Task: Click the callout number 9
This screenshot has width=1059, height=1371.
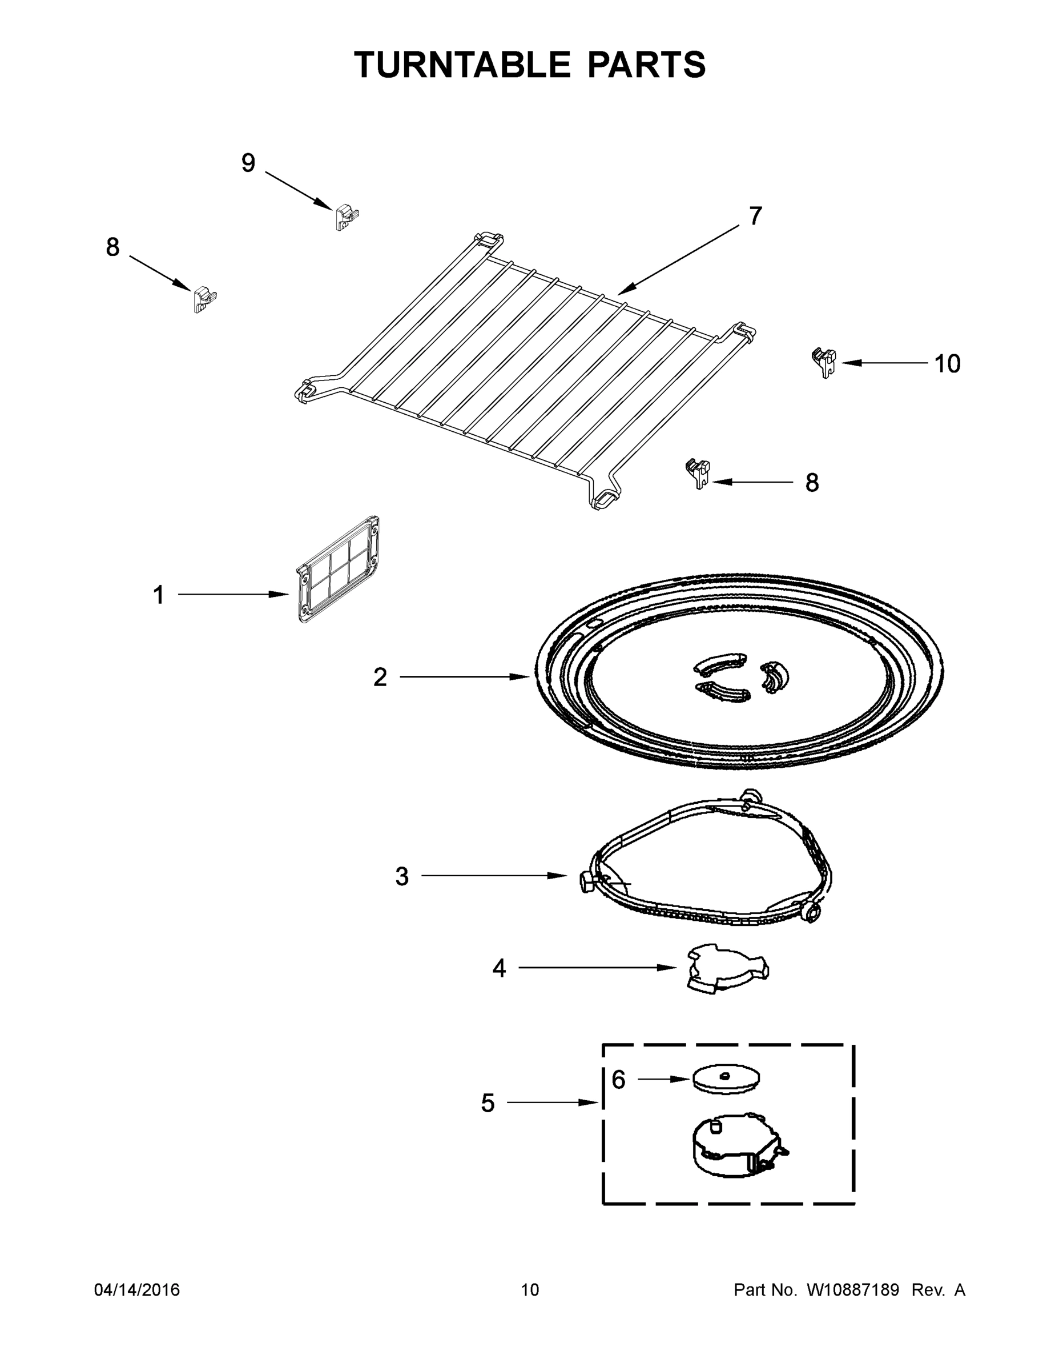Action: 248,163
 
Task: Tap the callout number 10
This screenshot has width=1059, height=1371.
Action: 947,364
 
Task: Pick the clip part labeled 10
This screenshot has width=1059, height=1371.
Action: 825,362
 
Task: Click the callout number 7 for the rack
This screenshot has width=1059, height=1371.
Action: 755,216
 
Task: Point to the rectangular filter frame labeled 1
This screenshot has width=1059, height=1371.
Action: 338,569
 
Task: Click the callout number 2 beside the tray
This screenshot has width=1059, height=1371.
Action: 380,677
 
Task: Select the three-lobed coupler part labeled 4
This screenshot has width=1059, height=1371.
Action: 727,970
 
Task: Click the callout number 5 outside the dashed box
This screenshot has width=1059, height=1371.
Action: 488,1103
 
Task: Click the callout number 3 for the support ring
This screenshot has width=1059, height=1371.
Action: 402,876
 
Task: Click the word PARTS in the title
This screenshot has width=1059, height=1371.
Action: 647,65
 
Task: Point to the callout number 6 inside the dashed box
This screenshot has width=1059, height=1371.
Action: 619,1080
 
